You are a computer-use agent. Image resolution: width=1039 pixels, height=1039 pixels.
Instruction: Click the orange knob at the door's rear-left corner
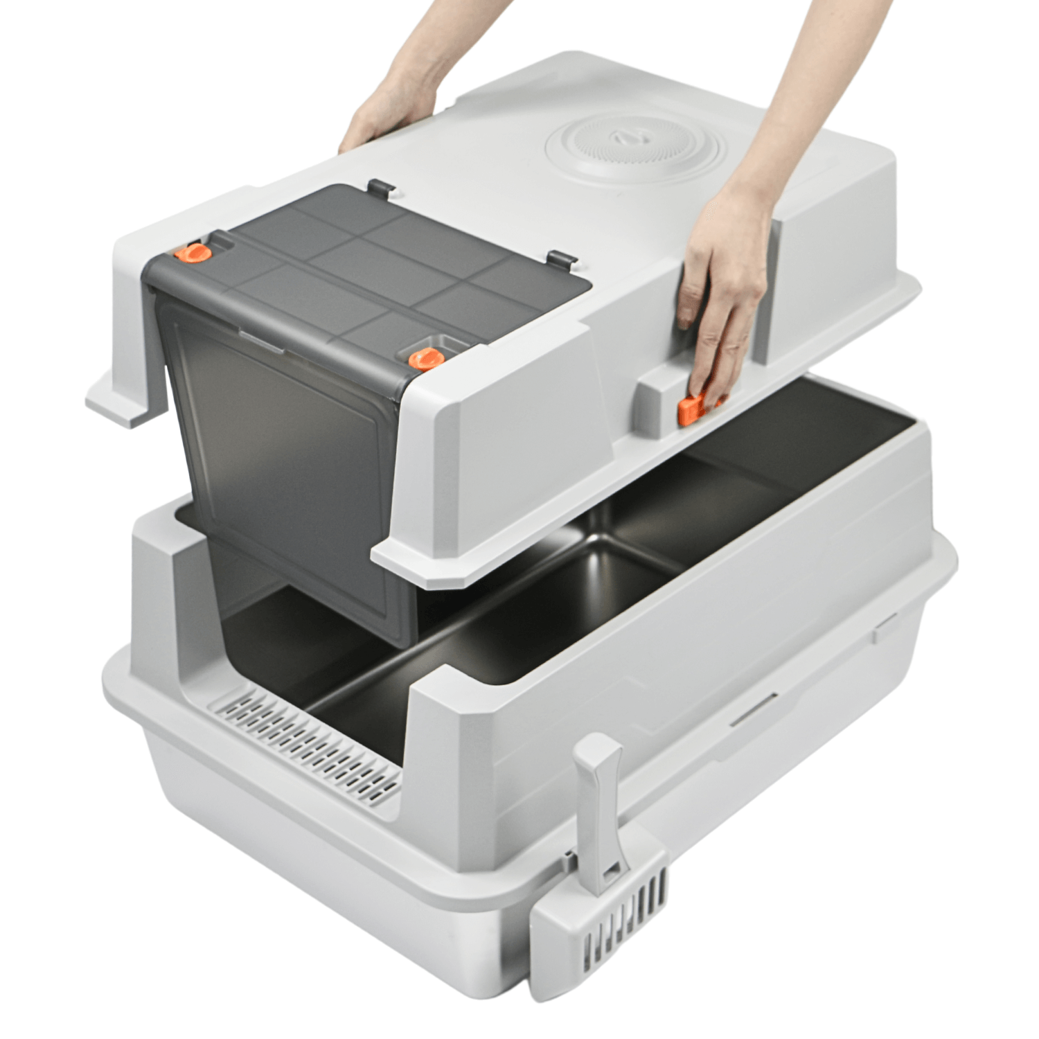[x=193, y=253]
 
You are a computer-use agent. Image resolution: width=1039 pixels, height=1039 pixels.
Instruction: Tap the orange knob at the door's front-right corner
[x=426, y=358]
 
